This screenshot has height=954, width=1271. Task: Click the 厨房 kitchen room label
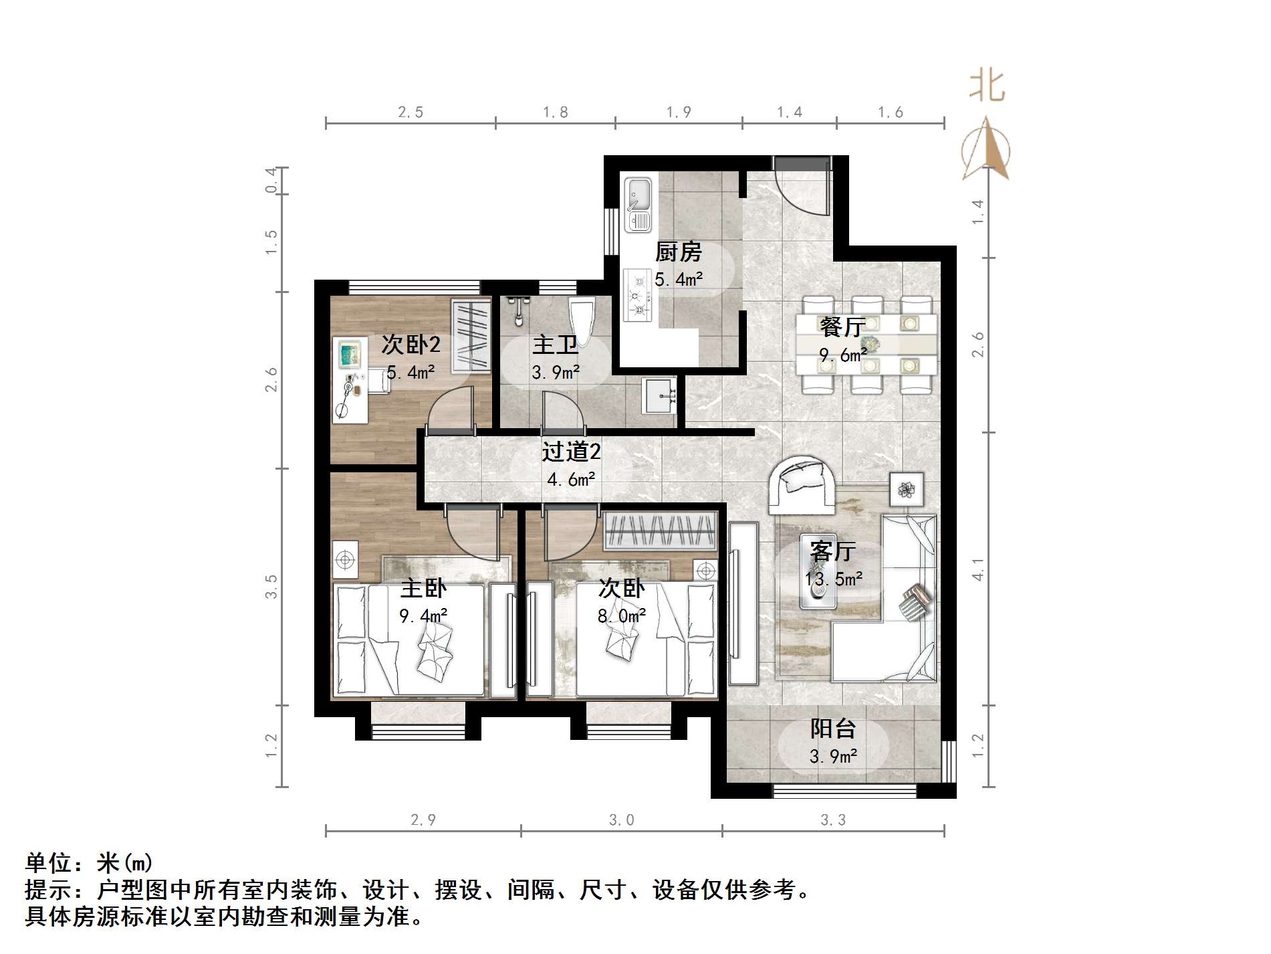678,252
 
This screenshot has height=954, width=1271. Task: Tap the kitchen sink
638,204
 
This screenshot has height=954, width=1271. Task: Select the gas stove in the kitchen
637,294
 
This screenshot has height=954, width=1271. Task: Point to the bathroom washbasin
659,396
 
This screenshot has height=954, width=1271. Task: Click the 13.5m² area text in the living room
833,579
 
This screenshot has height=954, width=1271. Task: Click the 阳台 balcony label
832,729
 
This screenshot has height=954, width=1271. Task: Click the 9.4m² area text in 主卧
423,615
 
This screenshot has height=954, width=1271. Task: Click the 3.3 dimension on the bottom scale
833,820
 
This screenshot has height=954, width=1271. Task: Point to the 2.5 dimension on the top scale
411,112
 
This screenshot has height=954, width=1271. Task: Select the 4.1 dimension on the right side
977,569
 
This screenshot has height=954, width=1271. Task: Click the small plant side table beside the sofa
906,489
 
